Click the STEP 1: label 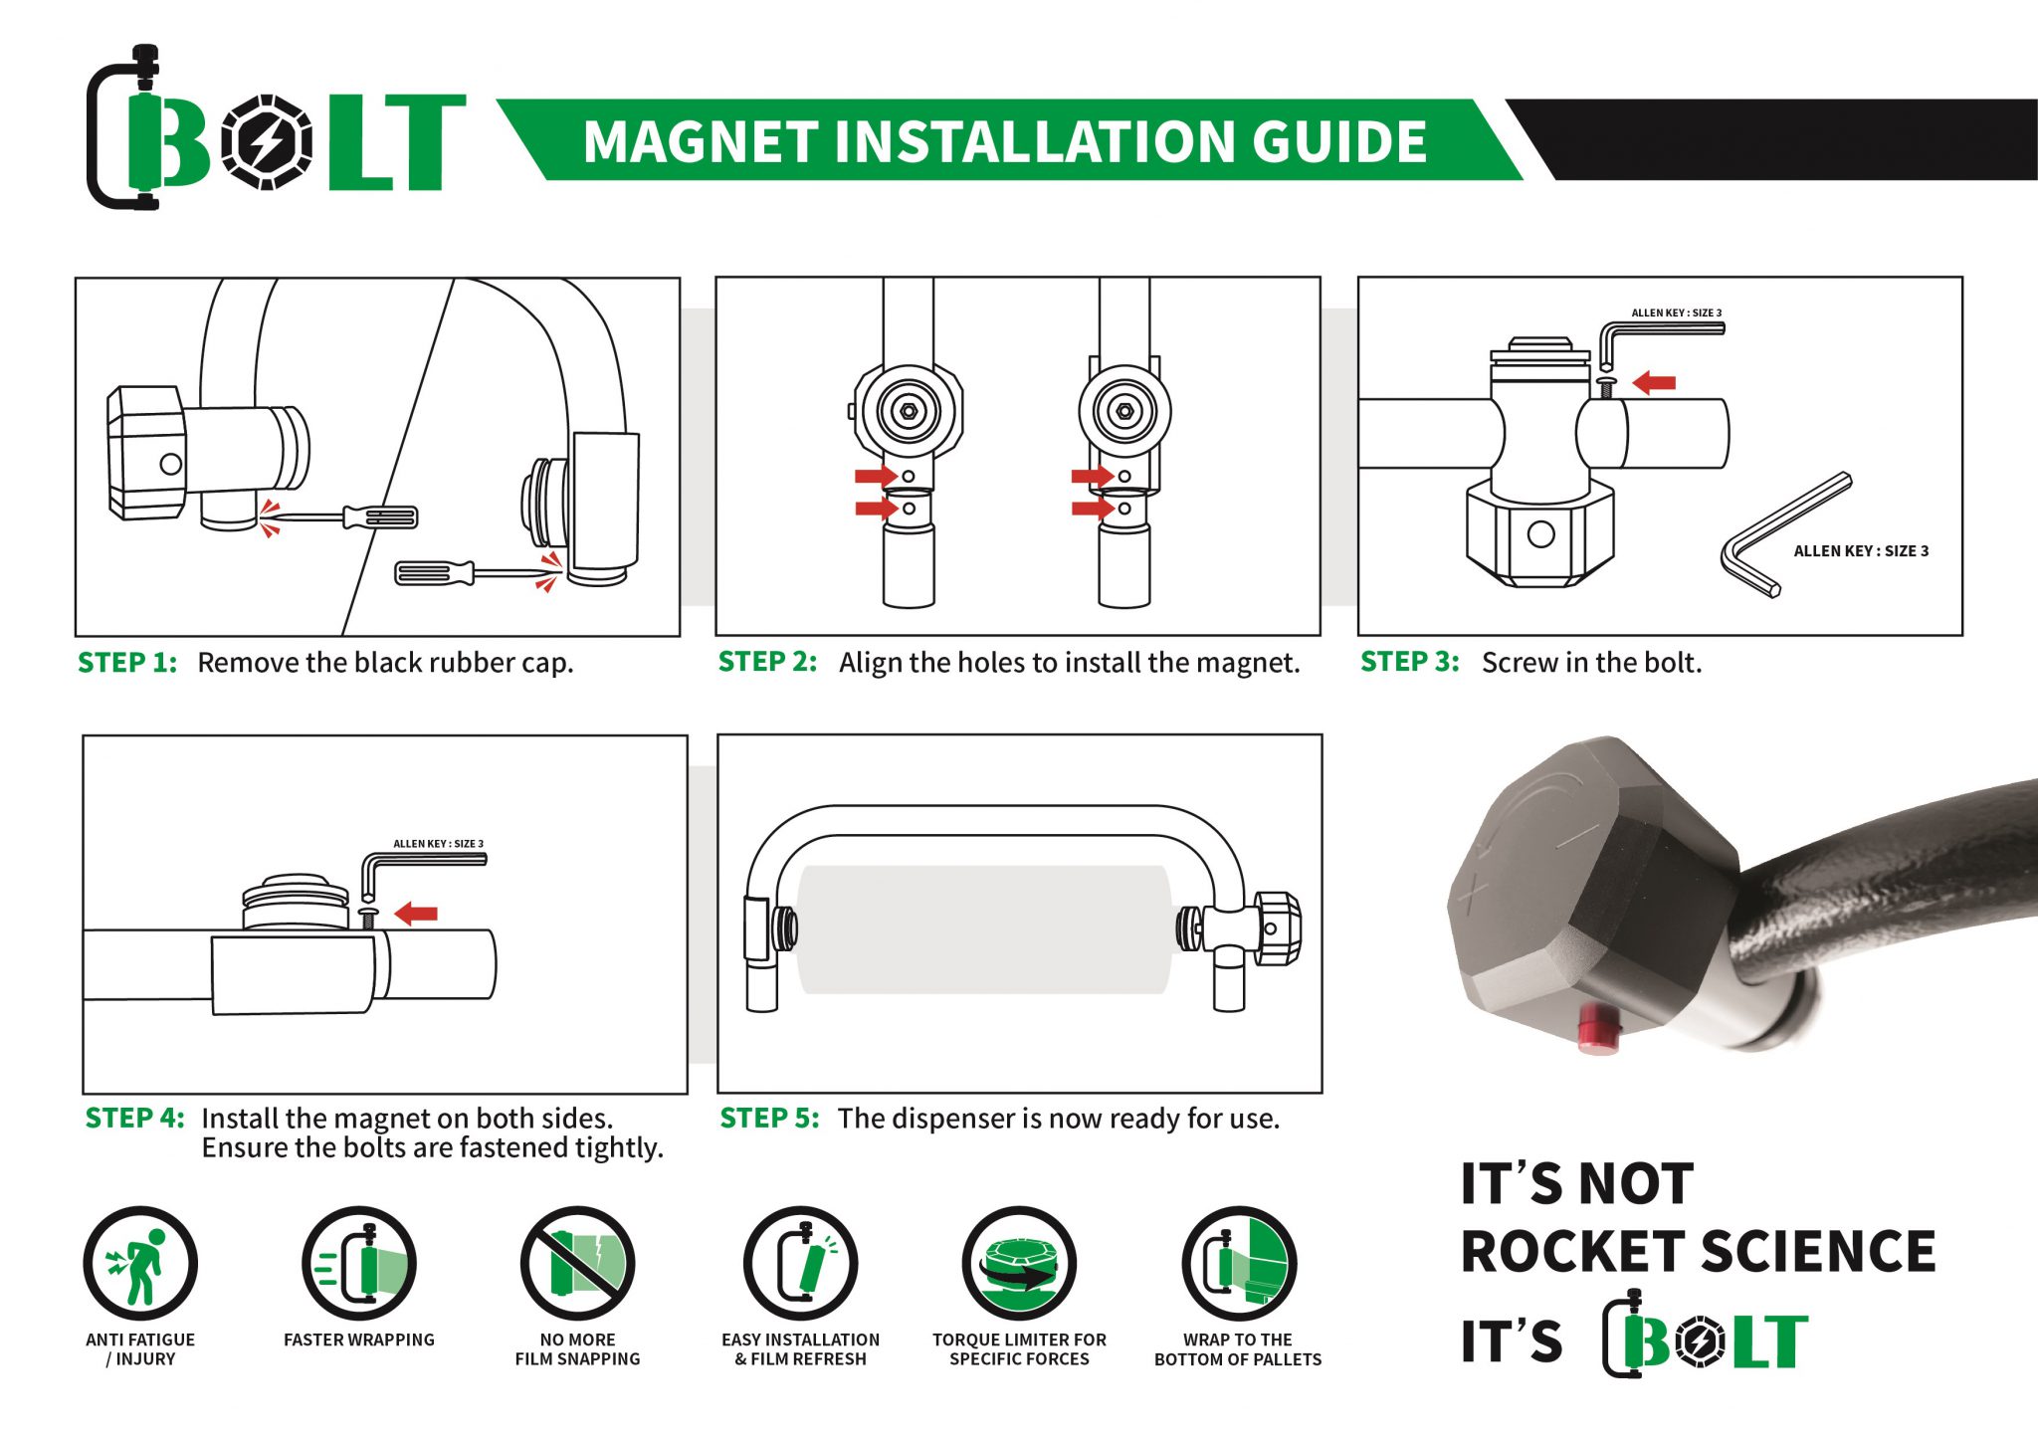[x=127, y=663]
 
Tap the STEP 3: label [x=1410, y=662]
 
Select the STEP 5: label [x=769, y=1119]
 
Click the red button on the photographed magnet [x=1598, y=1027]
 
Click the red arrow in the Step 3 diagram [x=1654, y=382]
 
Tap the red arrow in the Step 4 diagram [x=416, y=913]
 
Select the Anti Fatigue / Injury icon [x=140, y=1264]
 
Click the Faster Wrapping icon [x=359, y=1264]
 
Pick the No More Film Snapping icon [x=578, y=1264]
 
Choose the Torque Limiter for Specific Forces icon [x=1019, y=1264]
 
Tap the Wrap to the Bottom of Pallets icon [x=1239, y=1264]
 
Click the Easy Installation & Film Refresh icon [x=801, y=1264]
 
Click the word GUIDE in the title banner [x=1339, y=141]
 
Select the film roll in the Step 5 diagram [x=984, y=929]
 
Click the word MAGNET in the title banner [x=701, y=141]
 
